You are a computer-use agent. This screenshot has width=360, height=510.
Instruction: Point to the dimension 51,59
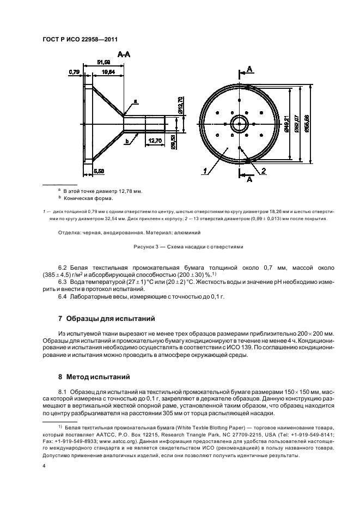coord(103,62)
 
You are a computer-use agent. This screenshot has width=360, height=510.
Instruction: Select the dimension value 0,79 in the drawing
coord(74,71)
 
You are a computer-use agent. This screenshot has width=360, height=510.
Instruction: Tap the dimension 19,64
coord(108,71)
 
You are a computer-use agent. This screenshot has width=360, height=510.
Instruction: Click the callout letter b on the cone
coord(126,141)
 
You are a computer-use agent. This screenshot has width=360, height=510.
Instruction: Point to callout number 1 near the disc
coord(205,171)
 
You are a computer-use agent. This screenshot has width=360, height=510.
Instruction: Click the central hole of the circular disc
coord(239,124)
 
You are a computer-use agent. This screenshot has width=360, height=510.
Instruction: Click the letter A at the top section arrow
coord(249,69)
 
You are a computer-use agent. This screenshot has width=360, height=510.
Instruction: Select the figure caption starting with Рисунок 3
coord(188,246)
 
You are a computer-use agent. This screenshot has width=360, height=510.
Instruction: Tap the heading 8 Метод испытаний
coord(94,375)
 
